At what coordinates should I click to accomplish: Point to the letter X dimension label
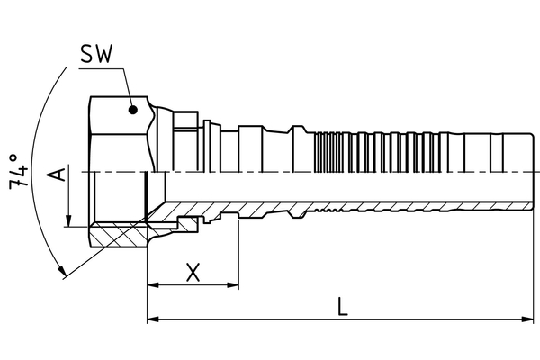click(x=192, y=271)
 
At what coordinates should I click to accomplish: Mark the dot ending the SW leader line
click(x=133, y=110)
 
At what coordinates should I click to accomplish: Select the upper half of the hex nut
click(x=119, y=135)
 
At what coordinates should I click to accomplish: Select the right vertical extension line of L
click(x=531, y=270)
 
